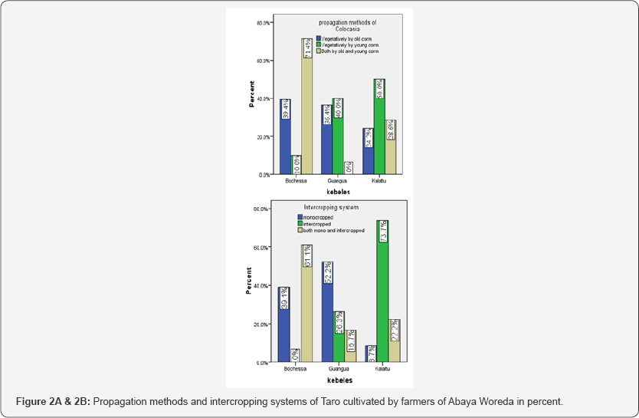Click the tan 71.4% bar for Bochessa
point(306,107)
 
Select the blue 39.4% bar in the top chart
point(285,138)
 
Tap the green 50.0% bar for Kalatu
point(379,127)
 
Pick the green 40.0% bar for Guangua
point(338,137)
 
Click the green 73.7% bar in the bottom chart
point(382,291)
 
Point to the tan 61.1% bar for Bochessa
point(306,304)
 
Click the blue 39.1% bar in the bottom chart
point(284,325)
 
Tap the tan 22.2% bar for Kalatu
point(395,341)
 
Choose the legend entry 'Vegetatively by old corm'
point(347,38)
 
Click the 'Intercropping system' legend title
point(331,207)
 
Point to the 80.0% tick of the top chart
point(262,23)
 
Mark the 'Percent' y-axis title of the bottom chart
point(248,281)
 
